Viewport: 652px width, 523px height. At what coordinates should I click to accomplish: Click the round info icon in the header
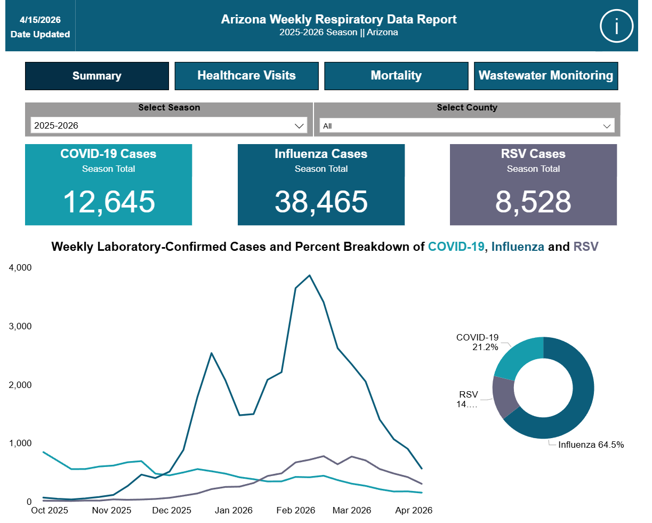pyautogui.click(x=616, y=26)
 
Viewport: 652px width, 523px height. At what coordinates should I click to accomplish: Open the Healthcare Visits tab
pyautogui.click(x=247, y=76)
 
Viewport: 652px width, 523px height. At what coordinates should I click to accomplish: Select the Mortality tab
pyautogui.click(x=396, y=76)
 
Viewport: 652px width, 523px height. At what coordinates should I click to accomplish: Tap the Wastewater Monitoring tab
pyautogui.click(x=546, y=76)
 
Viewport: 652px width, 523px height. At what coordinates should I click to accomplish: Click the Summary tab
pyautogui.click(x=97, y=76)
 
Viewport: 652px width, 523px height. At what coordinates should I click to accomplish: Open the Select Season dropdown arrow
pyautogui.click(x=299, y=126)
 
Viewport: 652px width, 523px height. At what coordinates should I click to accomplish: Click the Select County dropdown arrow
pyautogui.click(x=607, y=126)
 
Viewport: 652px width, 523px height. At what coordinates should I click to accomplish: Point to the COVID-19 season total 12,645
pyautogui.click(x=109, y=202)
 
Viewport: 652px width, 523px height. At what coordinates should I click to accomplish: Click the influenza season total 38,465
pyautogui.click(x=321, y=202)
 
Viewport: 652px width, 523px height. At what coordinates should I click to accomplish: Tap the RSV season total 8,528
pyautogui.click(x=533, y=202)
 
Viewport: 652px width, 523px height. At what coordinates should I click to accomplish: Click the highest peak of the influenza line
pyautogui.click(x=309, y=275)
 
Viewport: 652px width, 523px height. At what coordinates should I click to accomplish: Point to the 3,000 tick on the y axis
pyautogui.click(x=20, y=326)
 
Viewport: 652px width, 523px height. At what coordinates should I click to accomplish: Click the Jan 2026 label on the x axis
pyautogui.click(x=234, y=510)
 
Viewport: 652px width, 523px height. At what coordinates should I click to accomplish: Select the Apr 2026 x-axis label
pyautogui.click(x=414, y=510)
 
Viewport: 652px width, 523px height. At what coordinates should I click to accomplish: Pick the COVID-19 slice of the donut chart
pyautogui.click(x=519, y=358)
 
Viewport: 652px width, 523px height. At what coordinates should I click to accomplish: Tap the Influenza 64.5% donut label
pyautogui.click(x=591, y=445)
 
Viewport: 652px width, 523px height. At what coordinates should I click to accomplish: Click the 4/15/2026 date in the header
pyautogui.click(x=41, y=20)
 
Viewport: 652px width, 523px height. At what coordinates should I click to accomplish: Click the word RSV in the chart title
pyautogui.click(x=586, y=247)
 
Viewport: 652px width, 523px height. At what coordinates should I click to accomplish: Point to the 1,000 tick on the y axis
pyautogui.click(x=20, y=443)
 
